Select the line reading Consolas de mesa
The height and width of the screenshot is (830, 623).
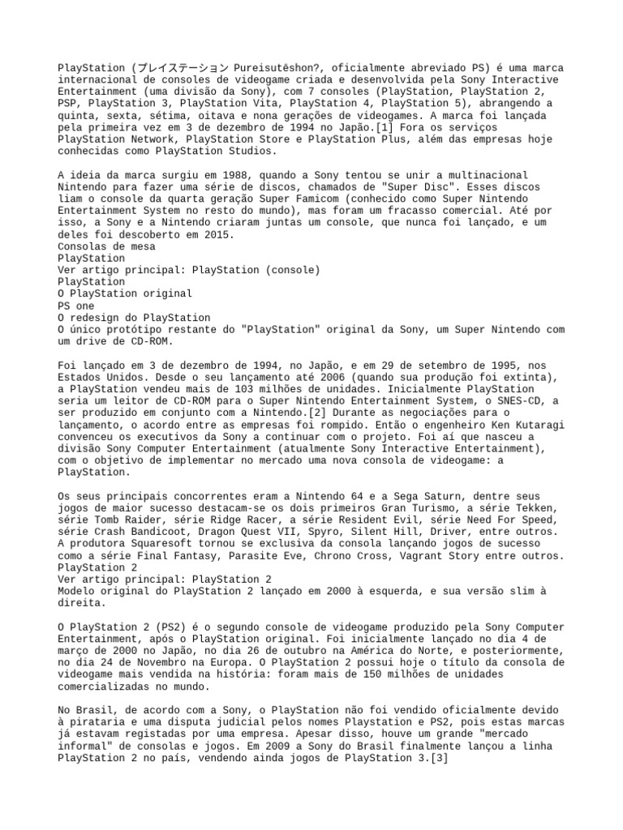point(106,246)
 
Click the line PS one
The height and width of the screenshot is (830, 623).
point(76,306)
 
